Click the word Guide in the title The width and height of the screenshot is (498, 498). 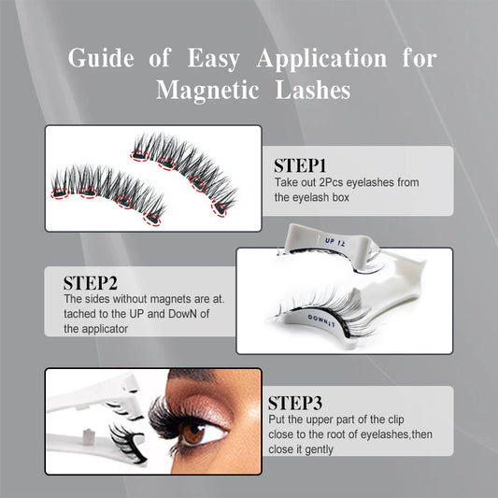(104, 58)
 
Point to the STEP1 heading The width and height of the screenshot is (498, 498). (301, 165)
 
